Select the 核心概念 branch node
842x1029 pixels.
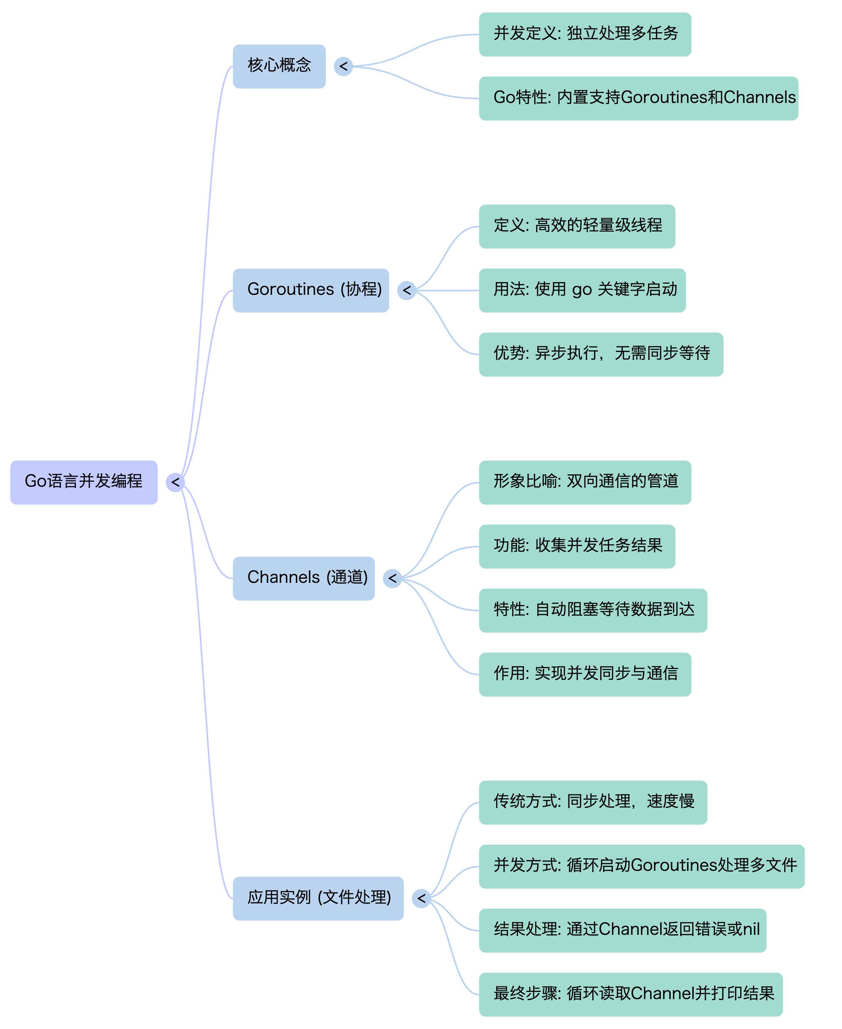tap(279, 66)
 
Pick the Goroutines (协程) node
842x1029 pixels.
tap(311, 290)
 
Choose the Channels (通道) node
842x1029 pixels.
tap(304, 578)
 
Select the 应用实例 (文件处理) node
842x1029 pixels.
tap(318, 898)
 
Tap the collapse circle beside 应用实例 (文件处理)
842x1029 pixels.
tap(421, 898)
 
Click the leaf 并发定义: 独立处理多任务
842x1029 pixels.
tap(585, 34)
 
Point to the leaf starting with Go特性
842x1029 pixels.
tap(638, 98)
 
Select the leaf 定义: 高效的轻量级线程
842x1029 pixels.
tap(577, 226)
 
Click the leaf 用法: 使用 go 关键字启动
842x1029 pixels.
tap(582, 290)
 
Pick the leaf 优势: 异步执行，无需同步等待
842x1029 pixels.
tap(601, 354)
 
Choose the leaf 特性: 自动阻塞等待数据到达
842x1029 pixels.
tap(593, 610)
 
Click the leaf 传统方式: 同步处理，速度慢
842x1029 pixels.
tap(593, 802)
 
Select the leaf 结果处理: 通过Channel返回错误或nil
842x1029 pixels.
tap(623, 930)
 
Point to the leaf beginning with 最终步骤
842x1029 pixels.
tap(631, 994)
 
